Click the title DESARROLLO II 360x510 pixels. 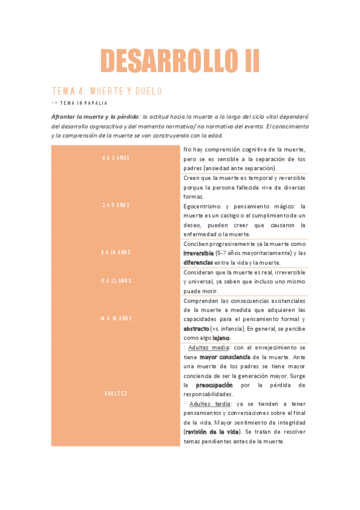pos(180,61)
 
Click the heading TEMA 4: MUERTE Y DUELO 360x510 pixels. pos(107,91)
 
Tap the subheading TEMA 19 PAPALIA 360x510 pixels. pos(79,103)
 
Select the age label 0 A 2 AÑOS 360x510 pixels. pos(116,158)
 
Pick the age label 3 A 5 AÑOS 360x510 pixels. pos(116,206)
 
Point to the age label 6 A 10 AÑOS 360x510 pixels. pos(116,253)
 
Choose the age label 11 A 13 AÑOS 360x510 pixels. pos(116,281)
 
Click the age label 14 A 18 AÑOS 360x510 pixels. pos(116,318)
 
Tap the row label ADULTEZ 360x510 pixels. pos(116,394)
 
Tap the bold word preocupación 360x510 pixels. pos(215,385)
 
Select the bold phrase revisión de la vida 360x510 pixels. pos(212,432)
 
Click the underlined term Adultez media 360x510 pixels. pos(209,348)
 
